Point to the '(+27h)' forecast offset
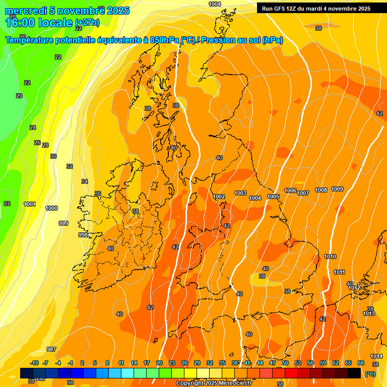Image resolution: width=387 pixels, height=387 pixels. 87,23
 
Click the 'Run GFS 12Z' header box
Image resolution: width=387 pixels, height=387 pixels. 316,9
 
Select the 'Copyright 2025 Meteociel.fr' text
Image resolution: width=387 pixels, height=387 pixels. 214,383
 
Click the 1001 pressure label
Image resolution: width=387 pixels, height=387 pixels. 30,204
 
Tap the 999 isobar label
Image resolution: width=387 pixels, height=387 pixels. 63,223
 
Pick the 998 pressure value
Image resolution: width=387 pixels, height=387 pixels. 83,235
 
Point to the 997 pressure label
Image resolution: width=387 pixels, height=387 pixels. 51,349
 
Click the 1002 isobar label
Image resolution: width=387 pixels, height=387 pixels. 219,197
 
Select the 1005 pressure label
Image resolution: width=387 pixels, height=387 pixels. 273,197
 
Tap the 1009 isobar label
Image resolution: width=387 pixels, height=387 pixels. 337,189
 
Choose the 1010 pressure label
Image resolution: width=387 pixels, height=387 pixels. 330,256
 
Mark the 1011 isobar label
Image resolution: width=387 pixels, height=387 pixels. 339,272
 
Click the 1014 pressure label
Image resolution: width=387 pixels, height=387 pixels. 376,356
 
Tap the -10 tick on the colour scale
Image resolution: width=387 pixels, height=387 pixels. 34,363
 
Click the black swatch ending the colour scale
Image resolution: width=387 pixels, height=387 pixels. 354,373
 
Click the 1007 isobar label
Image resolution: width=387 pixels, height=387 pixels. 303,193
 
